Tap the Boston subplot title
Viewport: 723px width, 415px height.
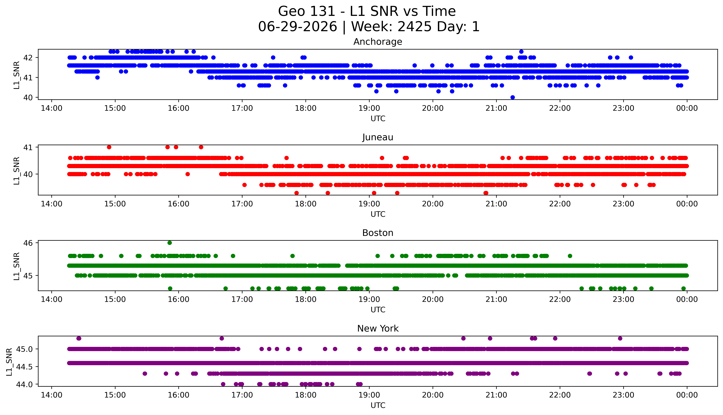[378, 233]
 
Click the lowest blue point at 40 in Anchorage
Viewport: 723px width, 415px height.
[512, 97]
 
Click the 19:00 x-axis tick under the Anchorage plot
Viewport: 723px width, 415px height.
[369, 108]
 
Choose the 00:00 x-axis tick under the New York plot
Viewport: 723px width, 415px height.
[687, 395]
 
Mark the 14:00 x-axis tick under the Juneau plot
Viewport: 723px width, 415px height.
[51, 204]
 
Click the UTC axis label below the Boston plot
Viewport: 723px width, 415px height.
[378, 310]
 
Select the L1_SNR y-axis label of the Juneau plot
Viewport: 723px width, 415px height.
[17, 171]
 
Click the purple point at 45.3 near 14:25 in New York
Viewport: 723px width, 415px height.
[79, 338]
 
